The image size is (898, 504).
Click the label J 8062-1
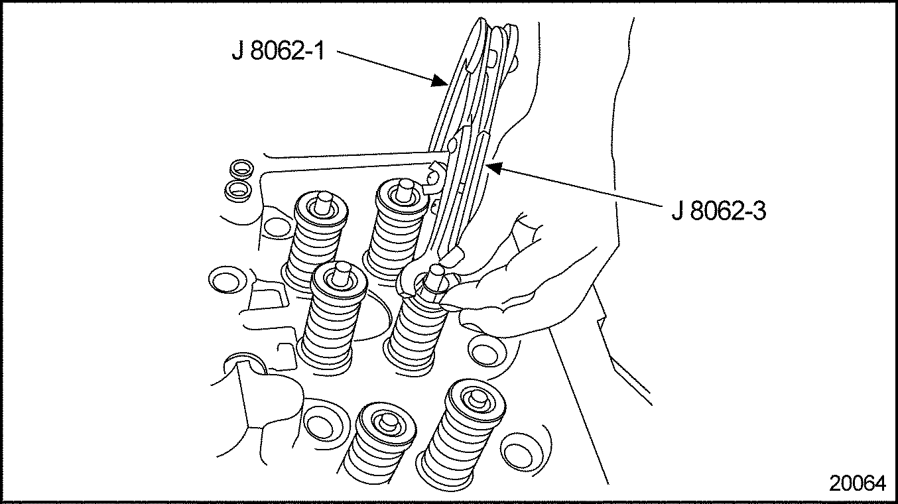point(278,51)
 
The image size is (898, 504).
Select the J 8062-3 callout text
point(719,211)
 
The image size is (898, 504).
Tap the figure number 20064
point(857,483)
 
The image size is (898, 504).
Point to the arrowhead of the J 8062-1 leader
point(441,81)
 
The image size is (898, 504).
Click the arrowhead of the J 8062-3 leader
point(494,168)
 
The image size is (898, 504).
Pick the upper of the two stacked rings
point(241,169)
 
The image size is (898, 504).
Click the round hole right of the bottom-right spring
point(518,450)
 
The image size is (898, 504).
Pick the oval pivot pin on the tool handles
point(452,145)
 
